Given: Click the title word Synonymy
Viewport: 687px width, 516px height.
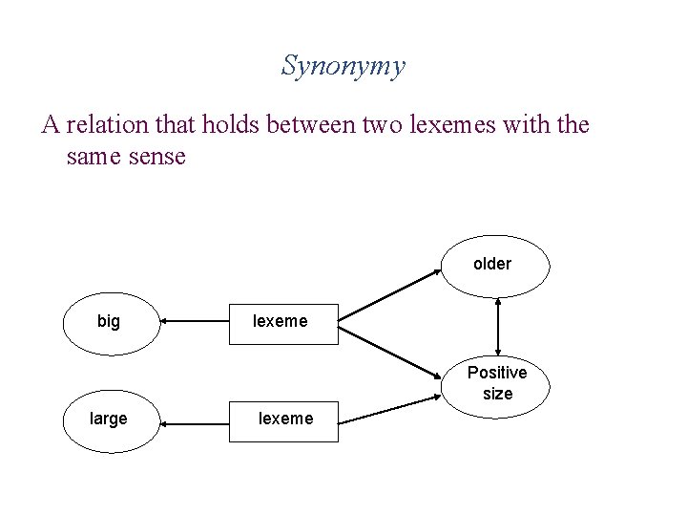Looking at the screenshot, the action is (x=343, y=66).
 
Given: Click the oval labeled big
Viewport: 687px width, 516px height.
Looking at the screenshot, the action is (x=109, y=322).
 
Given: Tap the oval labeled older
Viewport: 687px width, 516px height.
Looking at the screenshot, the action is (x=493, y=264).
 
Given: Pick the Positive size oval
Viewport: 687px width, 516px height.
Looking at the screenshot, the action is (x=497, y=383).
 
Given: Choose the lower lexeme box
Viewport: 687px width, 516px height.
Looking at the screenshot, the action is (x=285, y=419).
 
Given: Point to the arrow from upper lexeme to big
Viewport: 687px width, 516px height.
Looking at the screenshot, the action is (x=194, y=322).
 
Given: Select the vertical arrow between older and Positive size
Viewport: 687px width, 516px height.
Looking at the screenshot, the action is (x=498, y=328).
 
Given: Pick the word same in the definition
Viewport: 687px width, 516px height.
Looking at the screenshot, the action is (x=92, y=156).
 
